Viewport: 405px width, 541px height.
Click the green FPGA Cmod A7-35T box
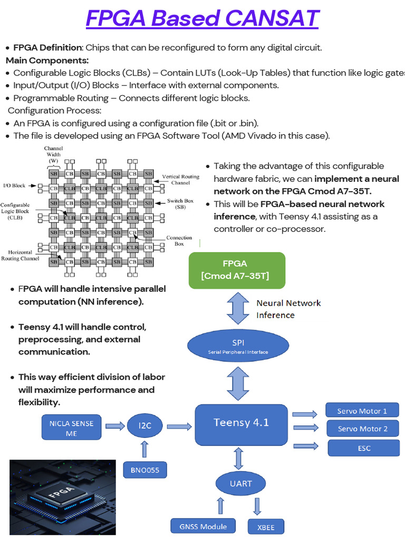click(237, 270)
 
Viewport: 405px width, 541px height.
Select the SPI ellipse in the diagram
click(238, 346)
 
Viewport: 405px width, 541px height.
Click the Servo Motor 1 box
click(362, 411)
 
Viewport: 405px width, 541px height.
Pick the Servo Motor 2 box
click(362, 428)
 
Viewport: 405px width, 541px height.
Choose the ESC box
click(363, 448)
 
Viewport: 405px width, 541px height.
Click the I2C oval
click(145, 425)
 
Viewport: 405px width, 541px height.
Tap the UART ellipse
click(241, 483)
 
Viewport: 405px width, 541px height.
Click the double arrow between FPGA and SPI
click(237, 309)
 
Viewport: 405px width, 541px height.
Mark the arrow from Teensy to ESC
click(305, 446)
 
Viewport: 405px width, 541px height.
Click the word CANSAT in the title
click(272, 18)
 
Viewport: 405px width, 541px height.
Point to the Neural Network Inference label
click(288, 309)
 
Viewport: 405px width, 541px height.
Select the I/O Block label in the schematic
click(15, 185)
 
